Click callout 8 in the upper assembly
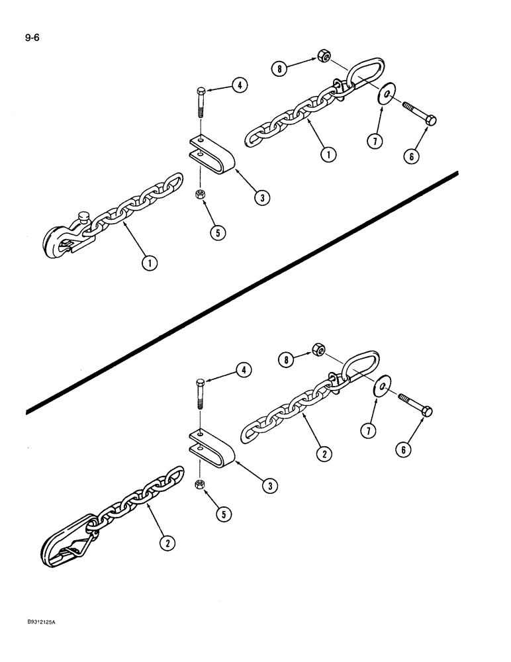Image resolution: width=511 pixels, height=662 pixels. click(x=281, y=68)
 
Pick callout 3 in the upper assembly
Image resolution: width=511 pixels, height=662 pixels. click(x=263, y=197)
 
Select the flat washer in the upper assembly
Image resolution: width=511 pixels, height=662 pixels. click(x=383, y=97)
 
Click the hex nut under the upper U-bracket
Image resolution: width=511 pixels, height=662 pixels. click(x=199, y=194)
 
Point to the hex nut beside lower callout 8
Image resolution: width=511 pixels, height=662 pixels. click(x=317, y=350)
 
